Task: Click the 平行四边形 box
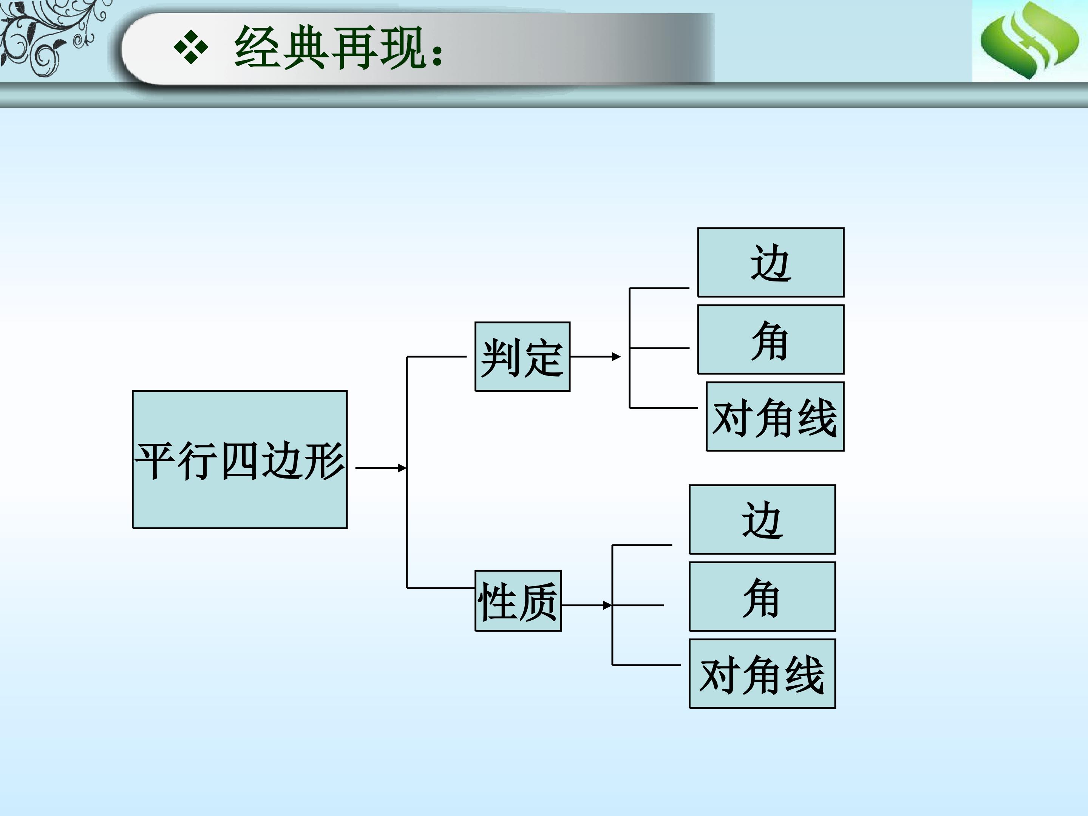pyautogui.click(x=240, y=460)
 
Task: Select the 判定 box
pyautogui.click(x=522, y=357)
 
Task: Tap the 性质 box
pyautogui.click(x=518, y=601)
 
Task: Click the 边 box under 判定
pyautogui.click(x=771, y=262)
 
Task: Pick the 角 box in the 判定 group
pyautogui.click(x=771, y=339)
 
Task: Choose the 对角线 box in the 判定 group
pyautogui.click(x=775, y=417)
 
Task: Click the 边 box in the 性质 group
pyautogui.click(x=762, y=519)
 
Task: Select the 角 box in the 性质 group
pyautogui.click(x=762, y=597)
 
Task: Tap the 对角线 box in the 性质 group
pyautogui.click(x=762, y=674)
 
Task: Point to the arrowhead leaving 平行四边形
pyautogui.click(x=402, y=468)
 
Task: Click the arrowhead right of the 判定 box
pyautogui.click(x=616, y=357)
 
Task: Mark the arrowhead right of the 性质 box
pyautogui.click(x=608, y=605)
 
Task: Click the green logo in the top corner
pyautogui.click(x=1030, y=40)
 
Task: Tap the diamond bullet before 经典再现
pyautogui.click(x=191, y=48)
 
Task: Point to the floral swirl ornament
pyautogui.click(x=52, y=37)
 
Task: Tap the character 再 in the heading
pyautogui.click(x=354, y=48)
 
